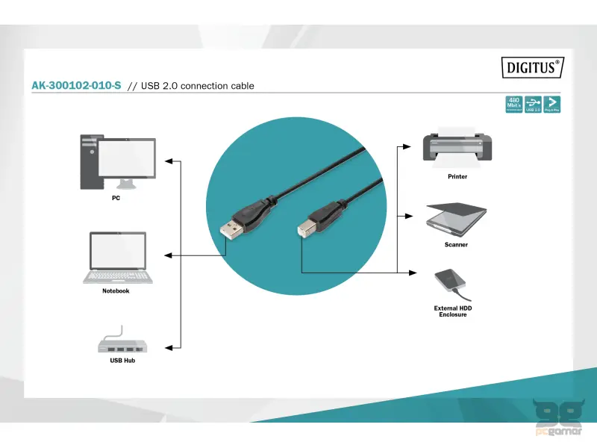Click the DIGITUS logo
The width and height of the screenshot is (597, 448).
tap(532, 67)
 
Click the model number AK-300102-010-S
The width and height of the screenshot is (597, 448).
tap(76, 86)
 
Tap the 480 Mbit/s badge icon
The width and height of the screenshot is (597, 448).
tap(513, 105)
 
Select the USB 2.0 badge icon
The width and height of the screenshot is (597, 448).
tap(533, 105)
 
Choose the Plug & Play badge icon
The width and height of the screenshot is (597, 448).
tap(552, 105)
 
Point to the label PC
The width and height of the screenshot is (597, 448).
tap(116, 199)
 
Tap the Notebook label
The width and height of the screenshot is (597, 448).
tap(116, 291)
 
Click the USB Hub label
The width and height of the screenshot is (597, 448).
tap(122, 361)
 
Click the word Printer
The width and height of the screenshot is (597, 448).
tap(457, 177)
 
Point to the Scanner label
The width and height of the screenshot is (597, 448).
tap(456, 245)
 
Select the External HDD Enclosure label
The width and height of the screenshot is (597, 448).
tap(453, 311)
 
